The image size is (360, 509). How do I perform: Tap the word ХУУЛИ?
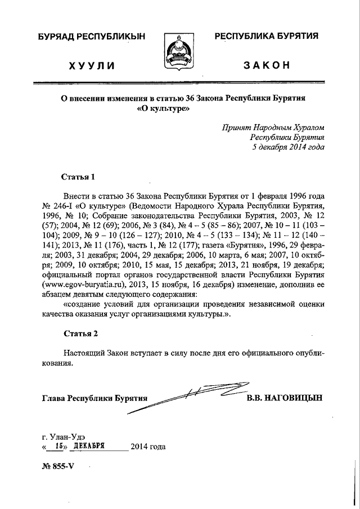point(91,66)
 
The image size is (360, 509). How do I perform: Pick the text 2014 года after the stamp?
point(147,448)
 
